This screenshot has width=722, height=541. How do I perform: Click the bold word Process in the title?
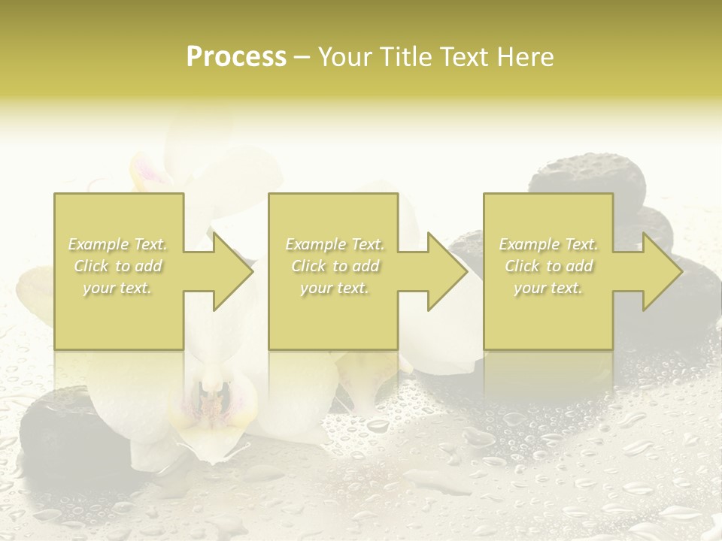[236, 57]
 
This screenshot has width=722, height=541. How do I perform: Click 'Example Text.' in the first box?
[118, 244]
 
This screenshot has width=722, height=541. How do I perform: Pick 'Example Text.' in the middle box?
[335, 244]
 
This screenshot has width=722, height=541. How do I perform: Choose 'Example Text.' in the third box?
[548, 244]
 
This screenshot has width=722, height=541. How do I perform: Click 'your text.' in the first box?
[118, 288]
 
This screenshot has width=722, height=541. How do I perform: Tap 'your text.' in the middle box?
[335, 288]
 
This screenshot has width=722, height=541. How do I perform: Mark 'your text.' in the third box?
[548, 288]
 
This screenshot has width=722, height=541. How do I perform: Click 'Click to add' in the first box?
[118, 266]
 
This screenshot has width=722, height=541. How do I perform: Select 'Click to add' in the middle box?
[335, 266]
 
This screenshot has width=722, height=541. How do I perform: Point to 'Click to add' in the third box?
[548, 266]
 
